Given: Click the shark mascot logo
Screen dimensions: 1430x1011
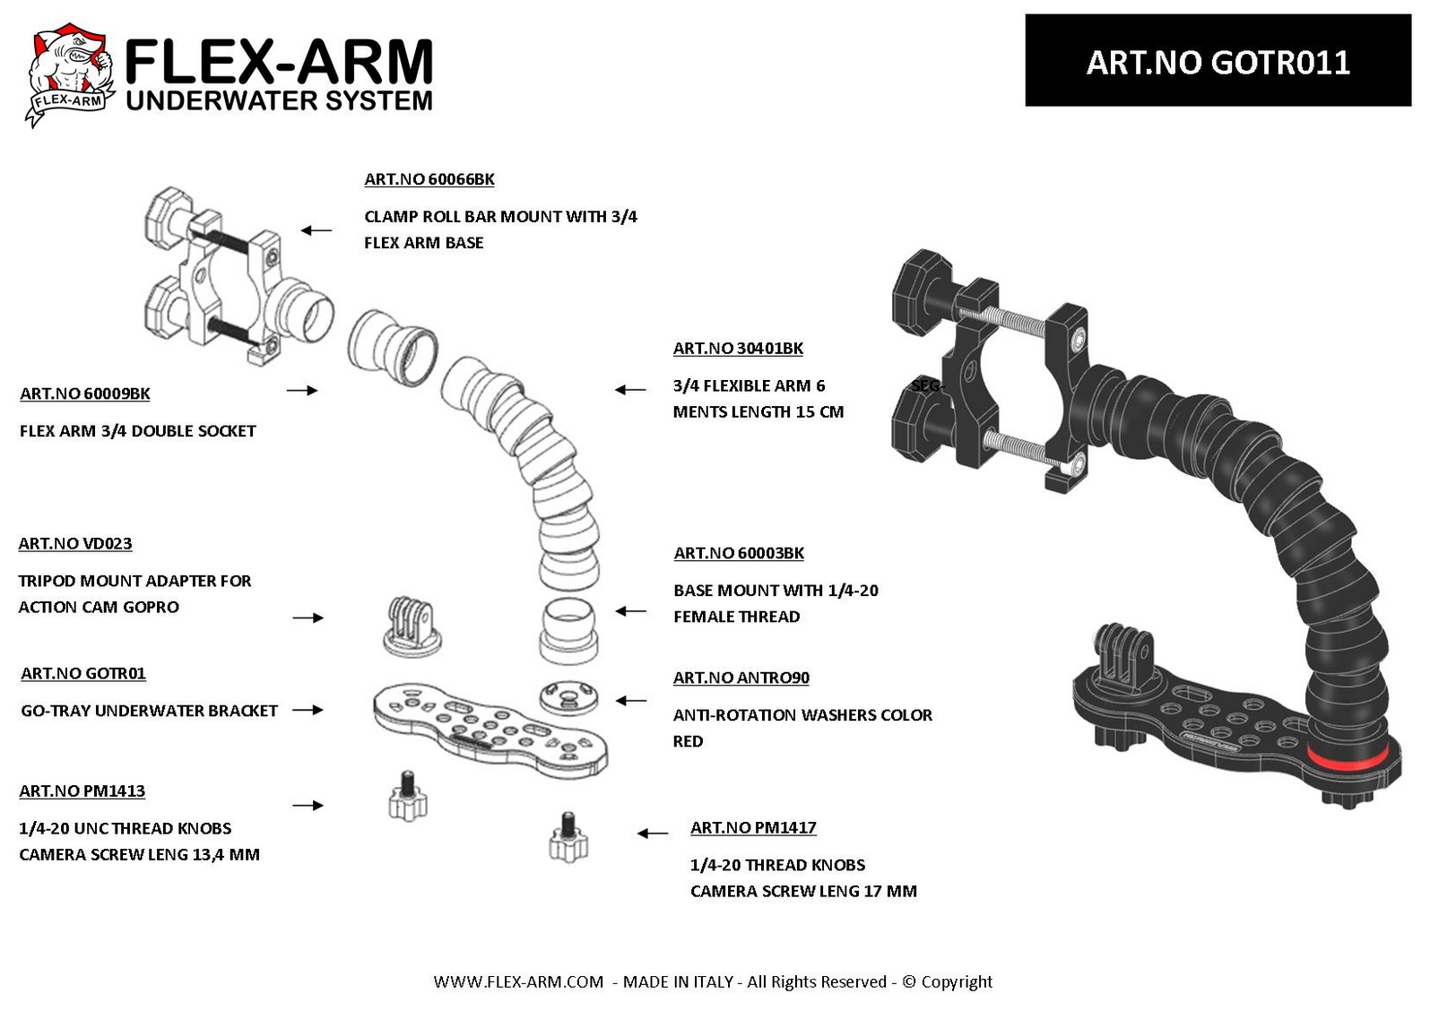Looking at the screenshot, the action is [x=69, y=74].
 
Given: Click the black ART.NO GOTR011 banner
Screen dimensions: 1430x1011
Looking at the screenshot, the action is [x=1218, y=61].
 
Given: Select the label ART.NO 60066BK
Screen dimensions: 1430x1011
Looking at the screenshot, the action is [x=429, y=179].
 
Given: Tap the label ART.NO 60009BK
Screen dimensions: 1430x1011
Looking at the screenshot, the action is [x=85, y=393].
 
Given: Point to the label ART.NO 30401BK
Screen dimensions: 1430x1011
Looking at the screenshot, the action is [x=738, y=349].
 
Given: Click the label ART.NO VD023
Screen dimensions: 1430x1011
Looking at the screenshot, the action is [x=75, y=544].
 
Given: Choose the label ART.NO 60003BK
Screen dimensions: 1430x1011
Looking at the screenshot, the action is [x=739, y=553].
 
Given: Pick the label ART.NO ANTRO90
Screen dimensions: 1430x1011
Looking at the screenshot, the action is [x=741, y=678].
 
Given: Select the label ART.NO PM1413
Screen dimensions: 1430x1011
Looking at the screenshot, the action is [x=82, y=791].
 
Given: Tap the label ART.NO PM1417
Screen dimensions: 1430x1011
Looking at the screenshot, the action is [x=753, y=828].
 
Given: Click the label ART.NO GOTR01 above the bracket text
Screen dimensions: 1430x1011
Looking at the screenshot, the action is [x=83, y=674].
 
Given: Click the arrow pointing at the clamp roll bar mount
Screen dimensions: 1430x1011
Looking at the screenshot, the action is [x=316, y=230].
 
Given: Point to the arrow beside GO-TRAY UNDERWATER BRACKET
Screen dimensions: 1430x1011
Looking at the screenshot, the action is [x=308, y=710].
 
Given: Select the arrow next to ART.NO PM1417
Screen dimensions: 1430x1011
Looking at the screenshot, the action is [x=653, y=834].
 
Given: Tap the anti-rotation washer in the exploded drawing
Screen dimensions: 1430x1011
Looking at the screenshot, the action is [x=568, y=698].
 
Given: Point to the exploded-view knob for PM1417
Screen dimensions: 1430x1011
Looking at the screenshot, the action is [x=568, y=836].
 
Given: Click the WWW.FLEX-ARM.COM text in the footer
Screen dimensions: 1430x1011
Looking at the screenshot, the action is [x=517, y=981].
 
